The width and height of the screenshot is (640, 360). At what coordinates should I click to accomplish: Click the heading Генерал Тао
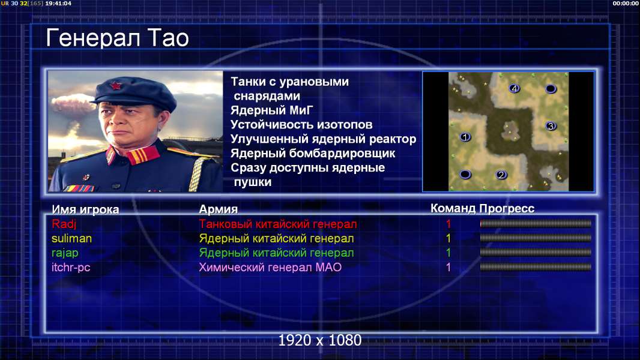pyautogui.click(x=117, y=38)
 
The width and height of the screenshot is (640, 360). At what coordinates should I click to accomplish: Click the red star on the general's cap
pyautogui.click(x=116, y=86)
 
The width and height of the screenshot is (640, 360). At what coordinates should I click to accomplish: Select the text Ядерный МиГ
pyautogui.click(x=272, y=110)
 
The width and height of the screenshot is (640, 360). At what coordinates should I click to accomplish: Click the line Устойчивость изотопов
pyautogui.click(x=301, y=124)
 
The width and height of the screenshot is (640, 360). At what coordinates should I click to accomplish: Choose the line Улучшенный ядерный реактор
pyautogui.click(x=323, y=139)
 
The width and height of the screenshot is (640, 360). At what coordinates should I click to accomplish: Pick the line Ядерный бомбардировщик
pyautogui.click(x=313, y=153)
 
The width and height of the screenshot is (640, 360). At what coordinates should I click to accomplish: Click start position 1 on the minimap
pyautogui.click(x=465, y=137)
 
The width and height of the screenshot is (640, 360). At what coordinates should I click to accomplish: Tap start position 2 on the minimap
pyautogui.click(x=501, y=175)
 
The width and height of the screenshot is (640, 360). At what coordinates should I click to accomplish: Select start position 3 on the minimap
pyautogui.click(x=551, y=126)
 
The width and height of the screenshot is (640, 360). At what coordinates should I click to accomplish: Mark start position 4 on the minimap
pyautogui.click(x=515, y=88)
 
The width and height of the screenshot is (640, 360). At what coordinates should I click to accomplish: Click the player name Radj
pyautogui.click(x=64, y=224)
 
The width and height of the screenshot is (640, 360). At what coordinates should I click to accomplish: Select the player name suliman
pyautogui.click(x=72, y=239)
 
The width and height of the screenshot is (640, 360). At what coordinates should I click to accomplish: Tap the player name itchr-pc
pyautogui.click(x=71, y=268)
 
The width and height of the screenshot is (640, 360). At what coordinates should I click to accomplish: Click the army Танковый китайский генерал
pyautogui.click(x=278, y=224)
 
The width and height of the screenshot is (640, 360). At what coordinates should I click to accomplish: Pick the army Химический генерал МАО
pyautogui.click(x=270, y=268)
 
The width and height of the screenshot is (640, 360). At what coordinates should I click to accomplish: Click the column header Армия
pyautogui.click(x=219, y=209)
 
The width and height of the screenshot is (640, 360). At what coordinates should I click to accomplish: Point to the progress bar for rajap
pyautogui.click(x=536, y=253)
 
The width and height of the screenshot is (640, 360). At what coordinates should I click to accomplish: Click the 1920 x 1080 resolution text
pyautogui.click(x=320, y=340)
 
